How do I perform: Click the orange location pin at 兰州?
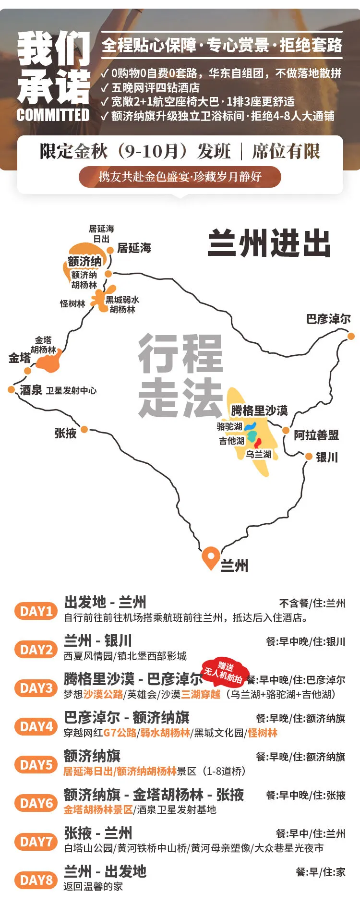211,556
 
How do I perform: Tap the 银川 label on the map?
326,457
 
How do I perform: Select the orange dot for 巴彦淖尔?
351,336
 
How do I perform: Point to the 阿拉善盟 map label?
316,435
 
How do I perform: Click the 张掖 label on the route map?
65,433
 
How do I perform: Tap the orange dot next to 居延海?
110,250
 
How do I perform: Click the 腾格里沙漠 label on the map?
259,410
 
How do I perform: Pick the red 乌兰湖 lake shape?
258,443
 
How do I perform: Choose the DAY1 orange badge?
36,611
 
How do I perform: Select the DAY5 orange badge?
36,765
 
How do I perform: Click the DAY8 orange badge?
36,880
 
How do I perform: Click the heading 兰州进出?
269,243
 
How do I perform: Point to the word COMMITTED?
53,115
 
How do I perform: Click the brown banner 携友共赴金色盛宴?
180,177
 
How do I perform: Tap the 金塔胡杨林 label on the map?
43,345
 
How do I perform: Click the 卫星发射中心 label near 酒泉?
71,391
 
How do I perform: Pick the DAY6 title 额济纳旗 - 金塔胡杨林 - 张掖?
154,795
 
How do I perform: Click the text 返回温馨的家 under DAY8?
93,886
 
